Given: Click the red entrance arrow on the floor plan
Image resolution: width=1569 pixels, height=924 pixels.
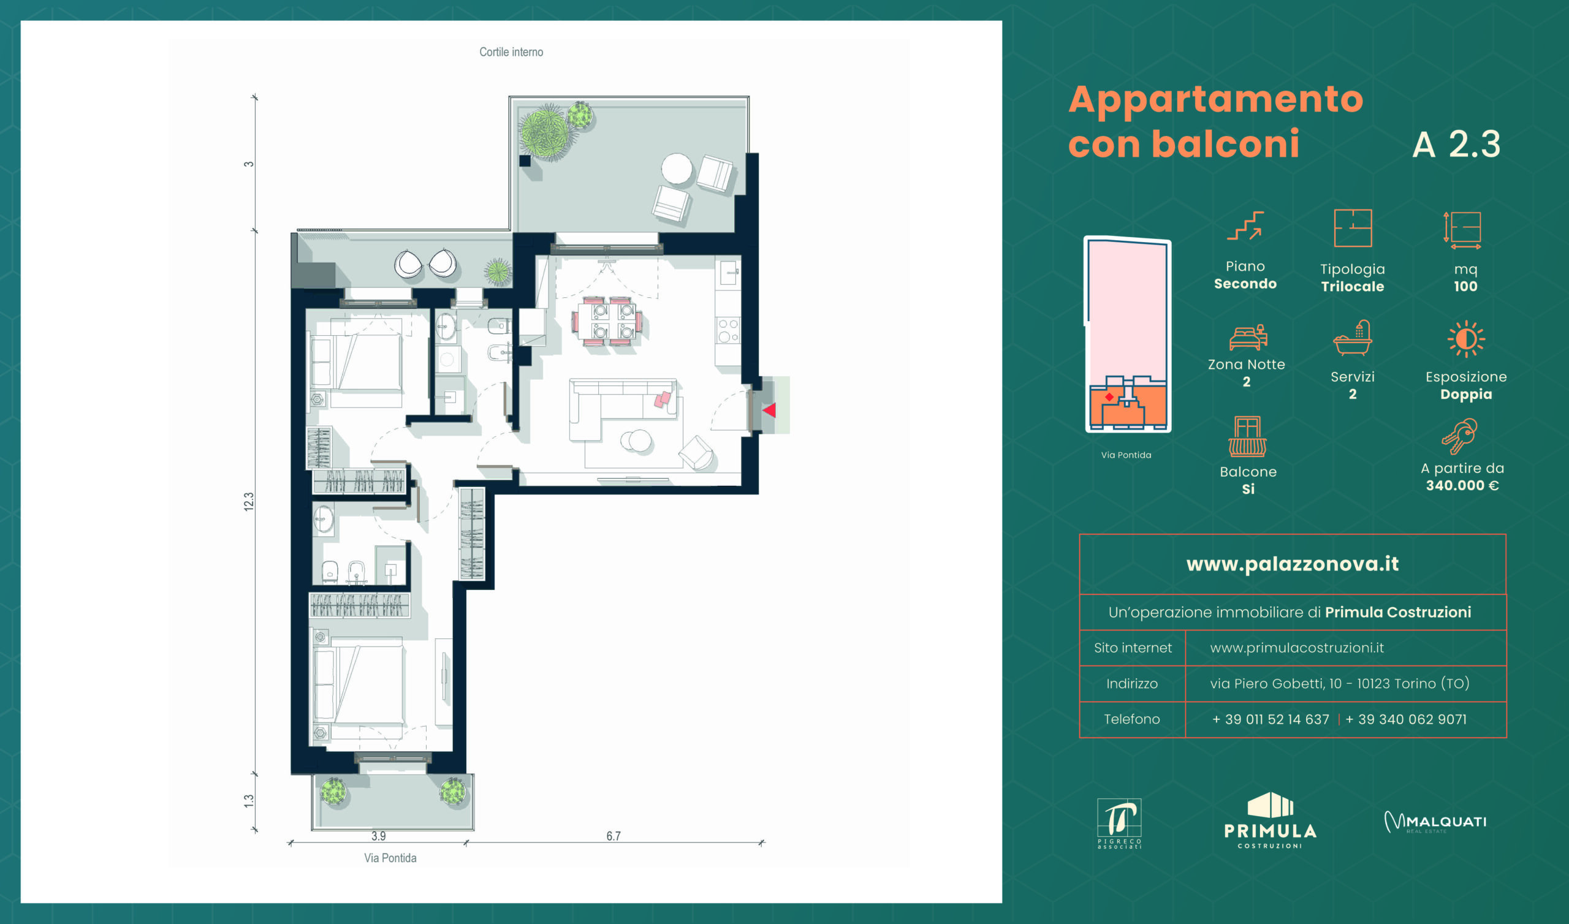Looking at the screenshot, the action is click(x=770, y=411).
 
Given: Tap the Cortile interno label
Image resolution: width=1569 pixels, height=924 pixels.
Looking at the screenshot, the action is click(x=511, y=52).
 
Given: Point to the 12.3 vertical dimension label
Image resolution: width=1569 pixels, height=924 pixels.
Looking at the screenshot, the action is click(x=248, y=502).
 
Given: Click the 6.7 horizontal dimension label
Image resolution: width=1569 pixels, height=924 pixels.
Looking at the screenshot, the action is click(x=614, y=836).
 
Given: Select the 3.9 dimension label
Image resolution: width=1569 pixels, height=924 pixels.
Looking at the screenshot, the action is click(x=379, y=836).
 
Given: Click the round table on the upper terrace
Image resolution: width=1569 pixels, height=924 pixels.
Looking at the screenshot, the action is click(x=677, y=168).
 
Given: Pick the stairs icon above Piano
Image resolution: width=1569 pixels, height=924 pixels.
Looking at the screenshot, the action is click(x=1245, y=226).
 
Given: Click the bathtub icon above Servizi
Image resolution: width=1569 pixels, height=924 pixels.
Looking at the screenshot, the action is click(x=1352, y=338).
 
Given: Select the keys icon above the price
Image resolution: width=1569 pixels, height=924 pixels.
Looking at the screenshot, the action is click(x=1459, y=436).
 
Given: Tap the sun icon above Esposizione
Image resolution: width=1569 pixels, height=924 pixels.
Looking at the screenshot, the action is click(x=1465, y=339).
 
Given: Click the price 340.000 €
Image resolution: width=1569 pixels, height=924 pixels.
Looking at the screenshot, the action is click(x=1462, y=486).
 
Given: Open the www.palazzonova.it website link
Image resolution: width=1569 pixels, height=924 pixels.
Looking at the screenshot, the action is click(x=1293, y=564).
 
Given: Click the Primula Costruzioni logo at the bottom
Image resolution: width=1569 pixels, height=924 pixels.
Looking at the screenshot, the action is click(x=1270, y=820).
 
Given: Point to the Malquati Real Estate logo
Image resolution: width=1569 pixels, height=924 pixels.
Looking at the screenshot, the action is click(x=1435, y=822).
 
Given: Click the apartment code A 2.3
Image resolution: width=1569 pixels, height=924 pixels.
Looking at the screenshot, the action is click(x=1456, y=145).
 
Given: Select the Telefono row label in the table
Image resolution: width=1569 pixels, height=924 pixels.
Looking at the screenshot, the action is click(x=1132, y=720).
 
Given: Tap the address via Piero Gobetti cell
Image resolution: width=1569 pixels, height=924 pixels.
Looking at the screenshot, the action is click(x=1340, y=684).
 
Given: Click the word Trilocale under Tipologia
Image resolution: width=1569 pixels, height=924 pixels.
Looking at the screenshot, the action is click(x=1352, y=287).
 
